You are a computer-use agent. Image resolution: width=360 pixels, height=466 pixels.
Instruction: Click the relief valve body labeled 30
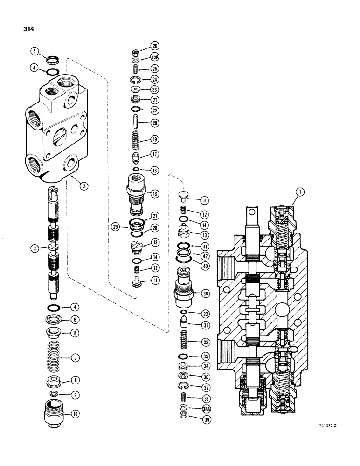click(185, 289)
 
